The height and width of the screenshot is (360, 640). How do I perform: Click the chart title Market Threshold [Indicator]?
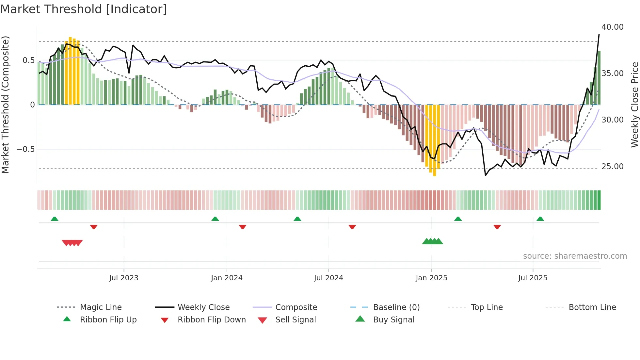tap(84, 9)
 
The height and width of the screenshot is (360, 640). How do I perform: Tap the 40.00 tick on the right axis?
tap(612, 27)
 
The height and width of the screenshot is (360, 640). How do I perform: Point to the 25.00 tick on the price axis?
tap(612, 167)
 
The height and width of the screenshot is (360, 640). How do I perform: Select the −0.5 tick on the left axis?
tap(25, 149)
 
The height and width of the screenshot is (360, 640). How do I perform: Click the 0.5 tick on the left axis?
tap(28, 60)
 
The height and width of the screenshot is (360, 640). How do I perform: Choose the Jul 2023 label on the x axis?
tap(124, 278)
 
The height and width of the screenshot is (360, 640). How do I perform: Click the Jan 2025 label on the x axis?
tap(431, 278)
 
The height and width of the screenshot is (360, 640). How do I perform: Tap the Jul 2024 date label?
tap(328, 278)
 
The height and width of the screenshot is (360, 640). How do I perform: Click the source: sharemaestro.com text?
tap(575, 256)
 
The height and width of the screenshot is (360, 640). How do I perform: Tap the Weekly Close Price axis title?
tap(634, 105)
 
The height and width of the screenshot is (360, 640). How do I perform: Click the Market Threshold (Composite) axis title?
tap(5, 105)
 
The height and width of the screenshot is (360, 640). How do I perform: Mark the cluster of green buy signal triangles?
tap(432, 241)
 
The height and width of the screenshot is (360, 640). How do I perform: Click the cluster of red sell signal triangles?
tap(72, 243)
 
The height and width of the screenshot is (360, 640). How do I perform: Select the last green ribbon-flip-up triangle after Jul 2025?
tap(540, 219)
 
